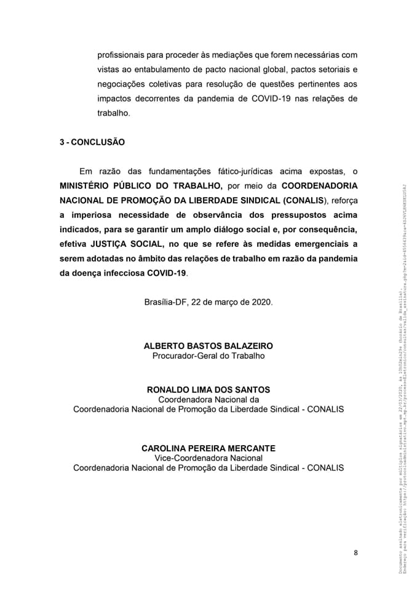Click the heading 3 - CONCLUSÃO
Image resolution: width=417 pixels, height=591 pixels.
92,142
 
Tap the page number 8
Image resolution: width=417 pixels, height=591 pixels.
355,552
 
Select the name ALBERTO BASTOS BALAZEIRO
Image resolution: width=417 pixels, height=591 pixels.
208,346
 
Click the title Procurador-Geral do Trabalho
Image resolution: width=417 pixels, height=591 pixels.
208,356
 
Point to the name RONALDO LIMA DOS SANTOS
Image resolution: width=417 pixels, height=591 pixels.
208,390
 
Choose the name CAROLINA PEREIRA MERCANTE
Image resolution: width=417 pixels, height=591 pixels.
208,448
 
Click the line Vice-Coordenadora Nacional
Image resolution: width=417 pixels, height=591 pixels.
208,458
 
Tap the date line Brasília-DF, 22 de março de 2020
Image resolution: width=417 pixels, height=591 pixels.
208,302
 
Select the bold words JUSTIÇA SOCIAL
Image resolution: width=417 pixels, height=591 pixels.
126,243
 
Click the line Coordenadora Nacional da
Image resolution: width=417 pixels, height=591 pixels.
208,400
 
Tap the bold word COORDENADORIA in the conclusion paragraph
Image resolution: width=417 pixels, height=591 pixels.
319,185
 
